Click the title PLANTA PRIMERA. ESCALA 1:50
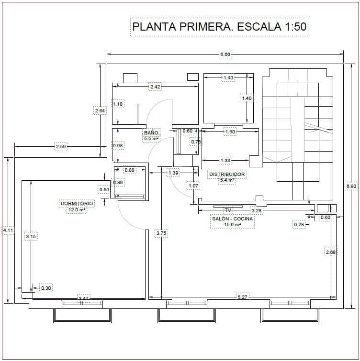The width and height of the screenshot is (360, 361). pos(219,27)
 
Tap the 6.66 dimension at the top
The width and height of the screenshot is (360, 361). pos(225,55)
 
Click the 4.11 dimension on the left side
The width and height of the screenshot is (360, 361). pos(8,230)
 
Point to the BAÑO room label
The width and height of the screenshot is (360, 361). pos(151,132)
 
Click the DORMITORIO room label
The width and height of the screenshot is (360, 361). pos(77,203)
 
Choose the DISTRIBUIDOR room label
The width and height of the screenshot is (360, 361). pos(227,175)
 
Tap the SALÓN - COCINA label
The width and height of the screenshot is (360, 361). pos(233,218)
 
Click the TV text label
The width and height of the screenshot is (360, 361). pos(228,210)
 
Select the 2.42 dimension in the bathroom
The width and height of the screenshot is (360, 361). pos(155,87)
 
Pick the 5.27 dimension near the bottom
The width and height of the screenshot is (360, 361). pos(243,297)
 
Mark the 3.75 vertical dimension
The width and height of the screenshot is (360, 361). pos(161,234)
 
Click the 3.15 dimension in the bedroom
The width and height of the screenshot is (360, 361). pos(31,236)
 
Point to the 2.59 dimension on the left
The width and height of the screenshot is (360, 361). pos(61,147)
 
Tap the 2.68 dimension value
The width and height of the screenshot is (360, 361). pos(330,252)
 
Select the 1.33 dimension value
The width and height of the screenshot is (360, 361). pos(225,160)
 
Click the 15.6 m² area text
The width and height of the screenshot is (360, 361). pos(233,224)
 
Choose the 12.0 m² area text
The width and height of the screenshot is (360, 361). pos(77,209)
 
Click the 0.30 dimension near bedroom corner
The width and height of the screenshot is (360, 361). pos(46,288)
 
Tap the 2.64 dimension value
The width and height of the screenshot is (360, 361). pos(100,110)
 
